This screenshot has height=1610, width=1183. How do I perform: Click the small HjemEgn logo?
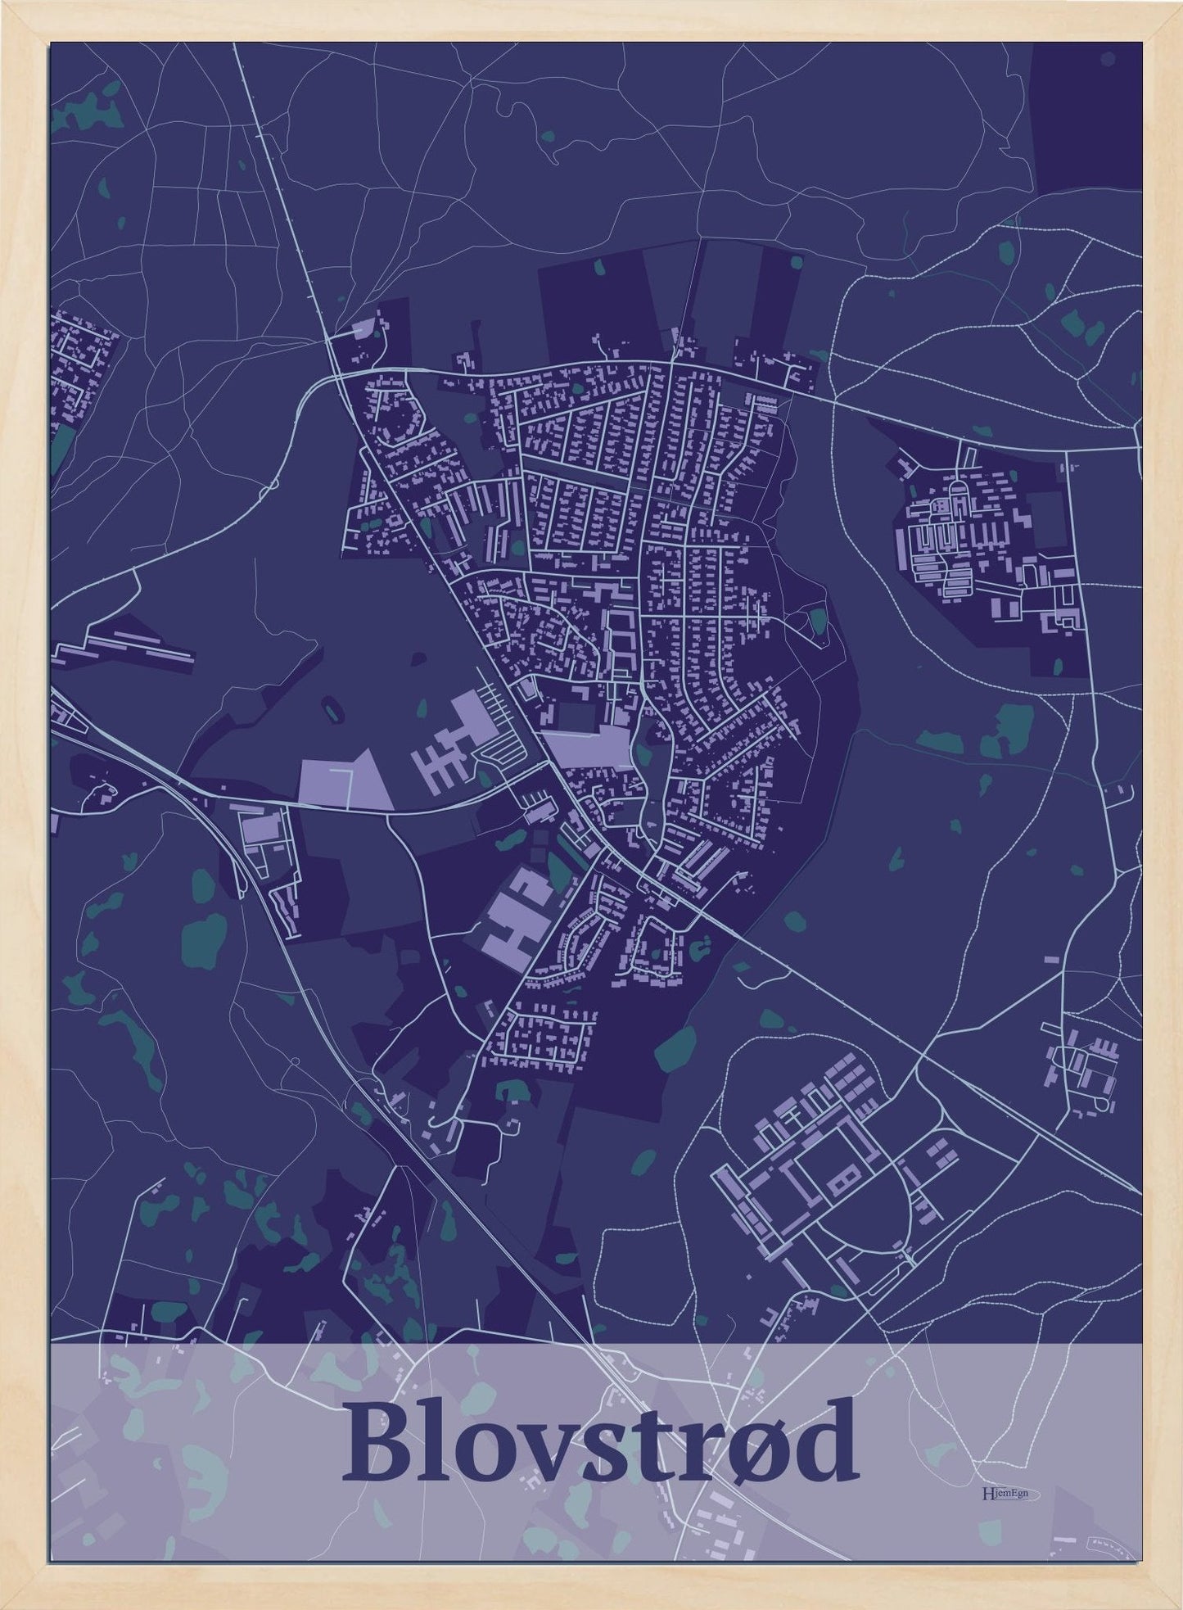(1009, 1494)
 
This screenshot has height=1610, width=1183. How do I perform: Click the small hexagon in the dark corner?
(1108, 58)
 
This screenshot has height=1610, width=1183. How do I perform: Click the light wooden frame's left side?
(25, 803)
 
